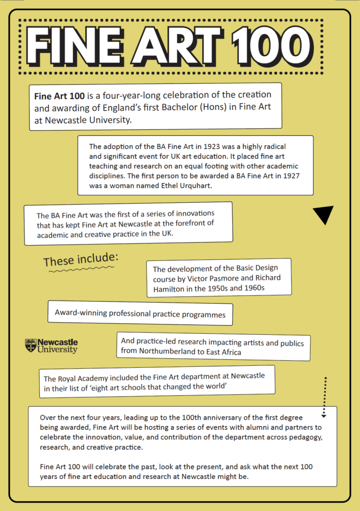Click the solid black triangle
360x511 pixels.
click(x=324, y=215)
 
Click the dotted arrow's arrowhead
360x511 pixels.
click(x=324, y=415)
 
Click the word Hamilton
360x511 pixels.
click(x=170, y=288)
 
